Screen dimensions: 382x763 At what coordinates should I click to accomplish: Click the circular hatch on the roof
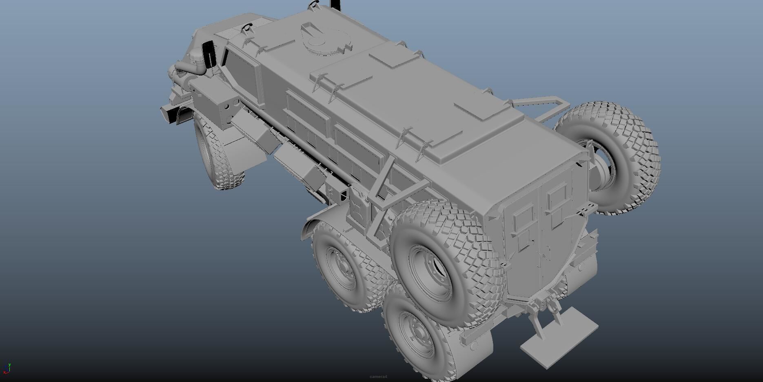coord(325,38)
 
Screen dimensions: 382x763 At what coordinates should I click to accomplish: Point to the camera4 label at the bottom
coord(378,376)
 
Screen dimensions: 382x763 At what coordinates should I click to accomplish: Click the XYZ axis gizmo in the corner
coord(7,368)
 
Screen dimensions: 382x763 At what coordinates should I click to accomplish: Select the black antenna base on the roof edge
coord(335,4)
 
